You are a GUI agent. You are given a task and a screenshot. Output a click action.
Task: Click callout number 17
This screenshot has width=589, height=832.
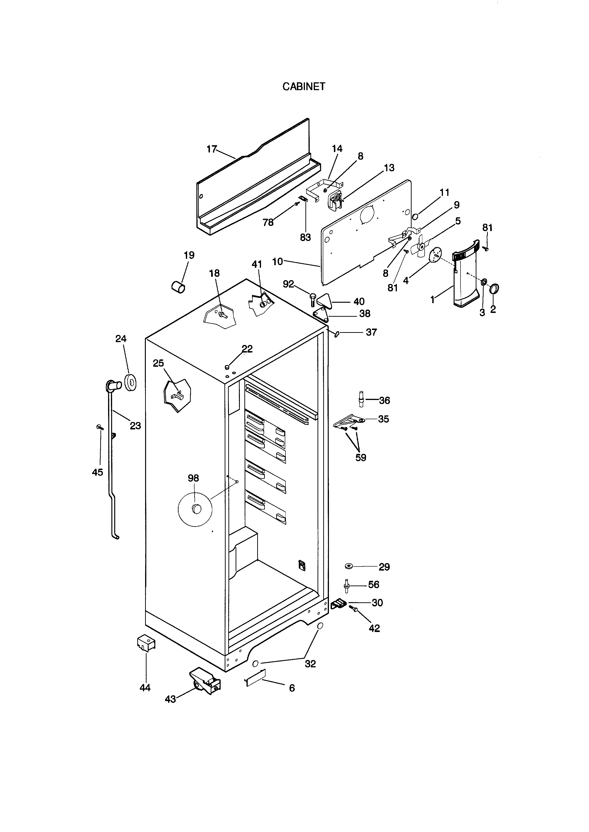pyautogui.click(x=211, y=149)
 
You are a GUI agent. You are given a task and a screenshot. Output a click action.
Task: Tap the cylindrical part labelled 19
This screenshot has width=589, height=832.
pyautogui.click(x=178, y=288)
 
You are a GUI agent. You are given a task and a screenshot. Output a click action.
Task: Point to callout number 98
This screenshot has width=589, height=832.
pyautogui.click(x=193, y=478)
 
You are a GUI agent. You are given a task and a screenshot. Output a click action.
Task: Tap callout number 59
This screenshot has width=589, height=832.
pyautogui.click(x=361, y=458)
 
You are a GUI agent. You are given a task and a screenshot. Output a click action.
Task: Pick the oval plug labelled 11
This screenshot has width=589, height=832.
pyautogui.click(x=416, y=217)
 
